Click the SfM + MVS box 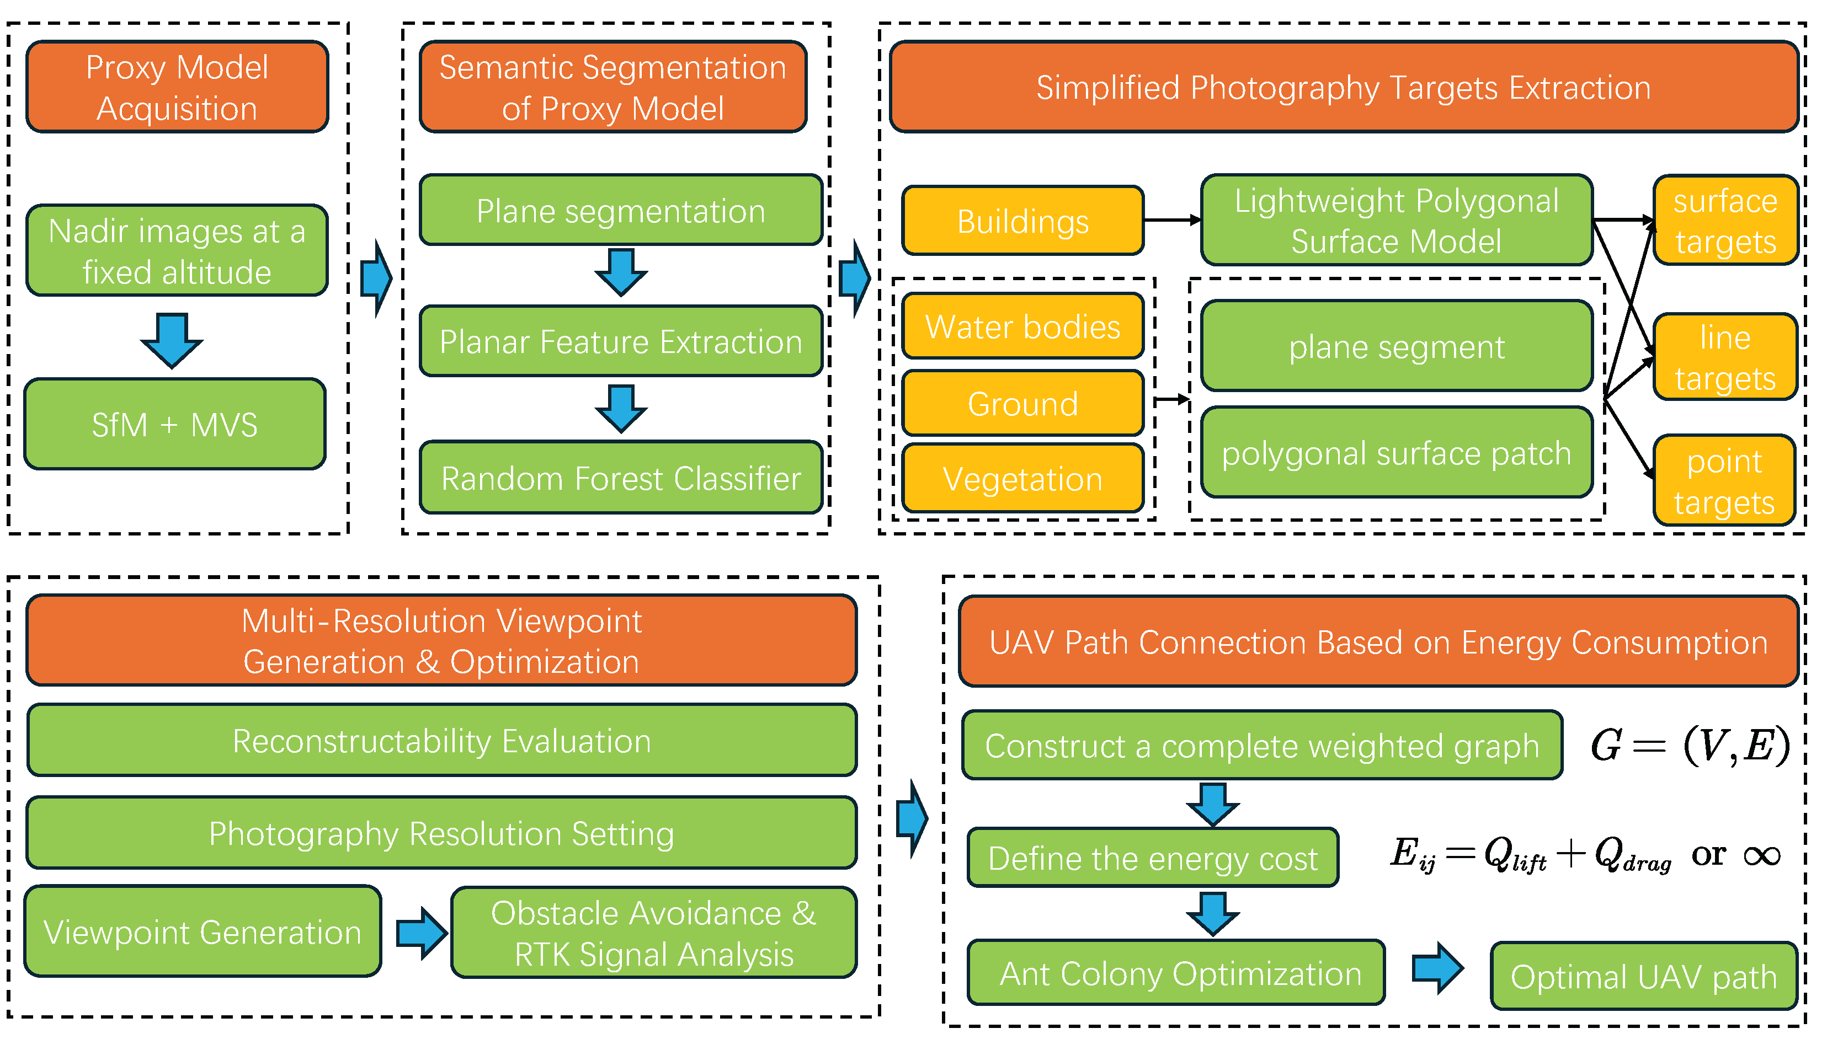pyautogui.click(x=175, y=425)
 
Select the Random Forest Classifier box pyautogui.click(x=621, y=478)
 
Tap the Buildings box pyautogui.click(x=1022, y=221)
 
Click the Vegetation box pyautogui.click(x=1022, y=479)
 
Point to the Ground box pyautogui.click(x=1022, y=404)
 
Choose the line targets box pyautogui.click(x=1725, y=357)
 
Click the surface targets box pyautogui.click(x=1725, y=221)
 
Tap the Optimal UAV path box pyautogui.click(x=1643, y=976)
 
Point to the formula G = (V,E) pyautogui.click(x=1690, y=745)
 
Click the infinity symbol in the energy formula pyautogui.click(x=1761, y=855)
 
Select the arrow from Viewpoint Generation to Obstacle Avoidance pyautogui.click(x=421, y=933)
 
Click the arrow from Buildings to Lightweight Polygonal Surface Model pyautogui.click(x=1173, y=221)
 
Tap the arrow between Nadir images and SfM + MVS pyautogui.click(x=172, y=339)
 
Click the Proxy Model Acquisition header pyautogui.click(x=177, y=87)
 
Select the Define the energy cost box pyautogui.click(x=1152, y=858)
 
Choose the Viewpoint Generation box pyautogui.click(x=203, y=932)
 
